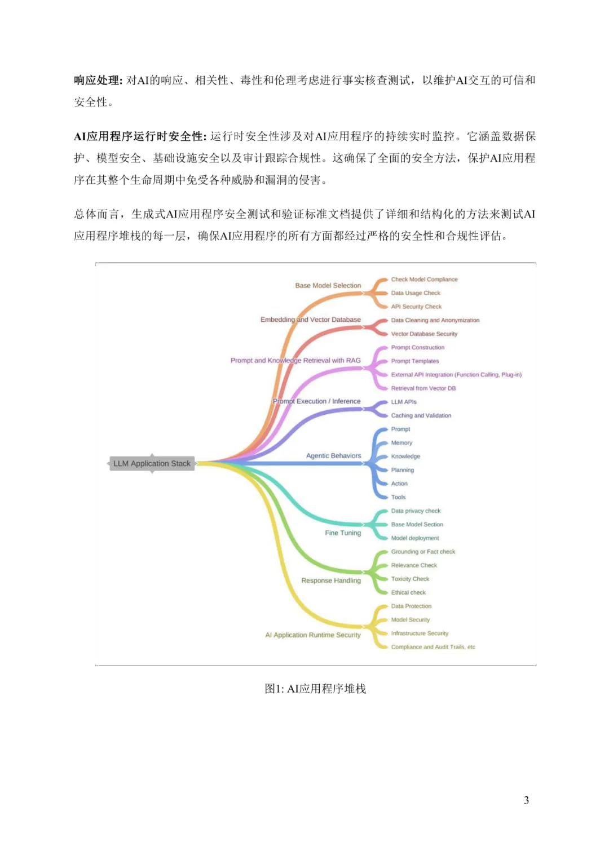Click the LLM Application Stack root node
(x=152, y=463)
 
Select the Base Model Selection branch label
(x=328, y=286)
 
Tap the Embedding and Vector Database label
(x=311, y=320)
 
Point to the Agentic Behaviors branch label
(x=334, y=456)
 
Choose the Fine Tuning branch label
(x=343, y=533)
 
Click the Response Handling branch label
(x=331, y=580)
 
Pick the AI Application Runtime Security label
(x=313, y=635)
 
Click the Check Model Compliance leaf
(x=424, y=280)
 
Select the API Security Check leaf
(x=416, y=307)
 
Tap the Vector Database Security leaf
(x=424, y=334)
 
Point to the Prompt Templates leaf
(x=415, y=361)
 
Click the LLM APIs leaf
(x=404, y=402)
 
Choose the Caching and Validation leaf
(x=421, y=415)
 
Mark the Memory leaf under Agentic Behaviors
(x=401, y=443)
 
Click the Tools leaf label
(x=398, y=497)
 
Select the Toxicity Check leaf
(x=410, y=579)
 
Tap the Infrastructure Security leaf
(x=420, y=633)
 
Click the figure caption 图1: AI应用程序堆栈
(x=315, y=689)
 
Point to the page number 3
(x=527, y=800)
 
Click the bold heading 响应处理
(x=97, y=81)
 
